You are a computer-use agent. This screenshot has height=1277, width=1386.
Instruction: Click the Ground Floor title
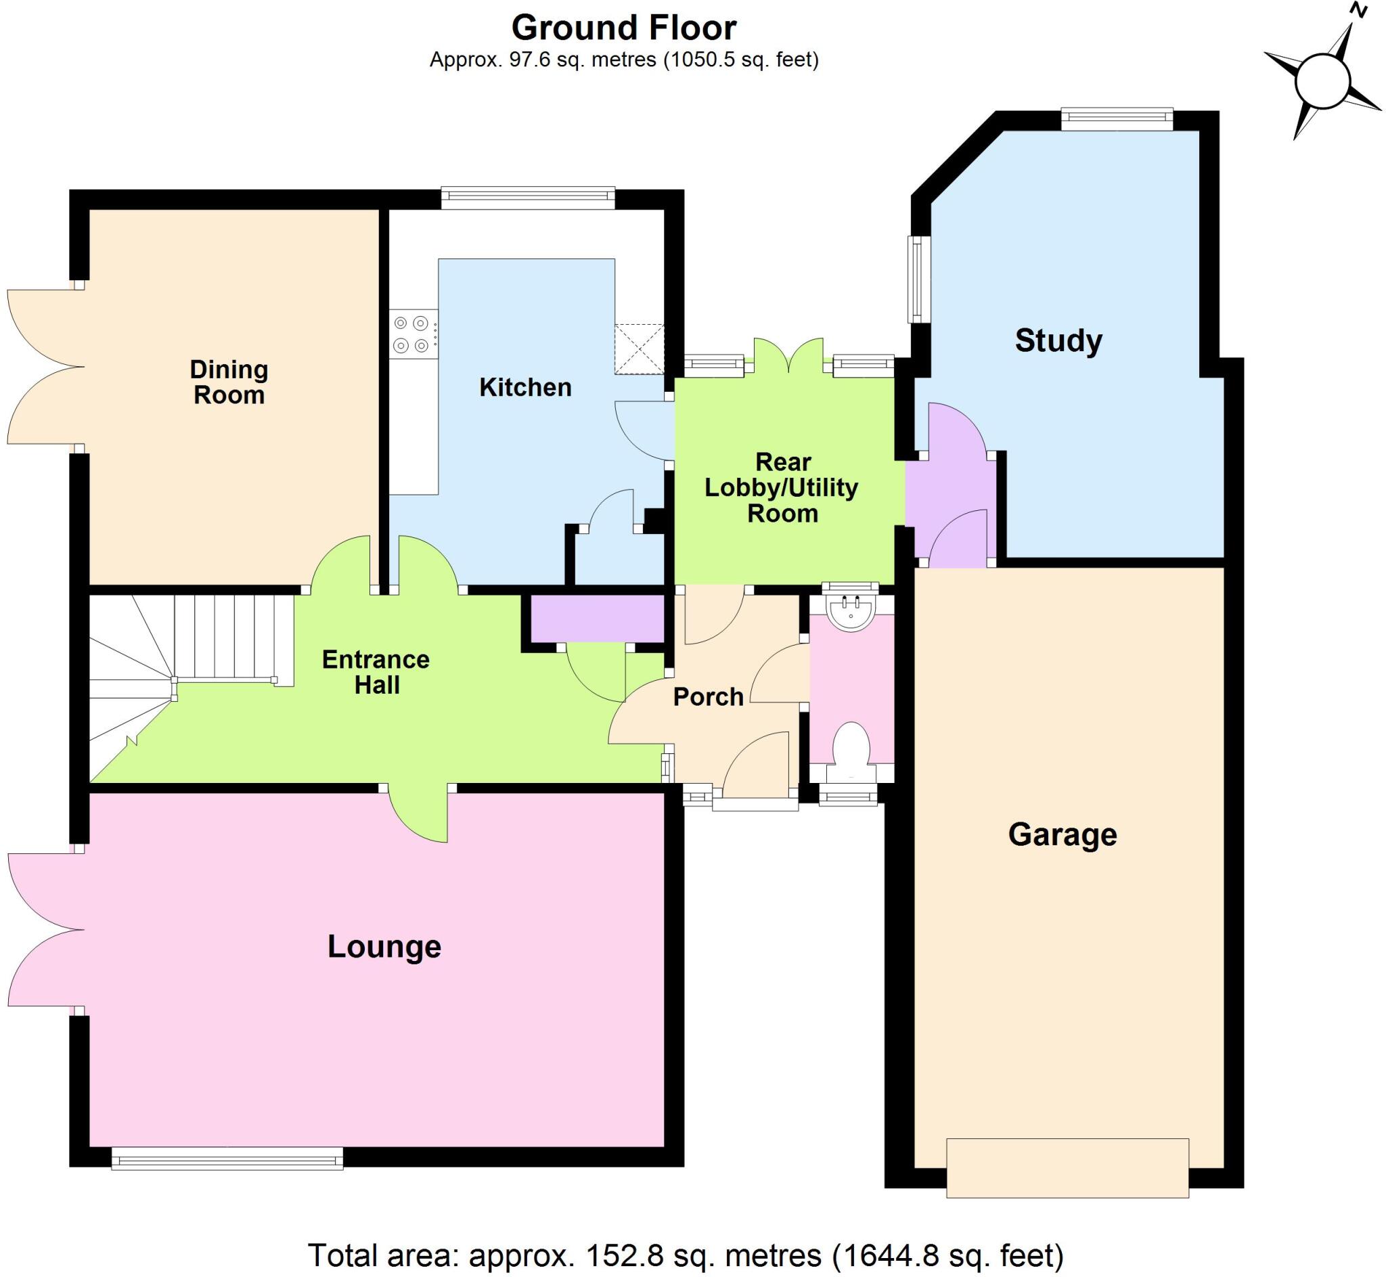click(623, 28)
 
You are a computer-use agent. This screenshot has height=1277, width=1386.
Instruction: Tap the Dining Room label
click(229, 382)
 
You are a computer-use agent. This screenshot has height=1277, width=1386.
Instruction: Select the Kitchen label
click(525, 388)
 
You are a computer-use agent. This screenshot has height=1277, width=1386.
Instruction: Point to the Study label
click(1058, 340)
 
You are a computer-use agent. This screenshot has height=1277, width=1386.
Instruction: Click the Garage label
click(1062, 834)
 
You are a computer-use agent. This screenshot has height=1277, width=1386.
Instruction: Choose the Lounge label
click(384, 947)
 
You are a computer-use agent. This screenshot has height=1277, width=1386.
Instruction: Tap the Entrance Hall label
click(376, 673)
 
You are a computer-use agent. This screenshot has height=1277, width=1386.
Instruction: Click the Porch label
click(708, 697)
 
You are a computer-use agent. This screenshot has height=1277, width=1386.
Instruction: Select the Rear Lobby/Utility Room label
click(782, 488)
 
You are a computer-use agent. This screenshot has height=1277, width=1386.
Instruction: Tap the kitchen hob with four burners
click(412, 334)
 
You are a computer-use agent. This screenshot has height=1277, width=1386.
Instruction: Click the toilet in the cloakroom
click(851, 744)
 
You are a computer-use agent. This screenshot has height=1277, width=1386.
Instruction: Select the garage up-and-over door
click(1067, 1168)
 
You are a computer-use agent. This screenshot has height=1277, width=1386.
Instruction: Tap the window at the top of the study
click(1117, 119)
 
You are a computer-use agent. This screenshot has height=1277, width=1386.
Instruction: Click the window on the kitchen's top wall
click(527, 198)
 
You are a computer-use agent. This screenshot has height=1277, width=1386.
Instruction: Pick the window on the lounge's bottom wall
click(227, 1159)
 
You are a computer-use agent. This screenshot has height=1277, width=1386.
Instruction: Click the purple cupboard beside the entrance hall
click(597, 619)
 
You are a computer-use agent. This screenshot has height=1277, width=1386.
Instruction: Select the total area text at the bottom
click(685, 1255)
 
